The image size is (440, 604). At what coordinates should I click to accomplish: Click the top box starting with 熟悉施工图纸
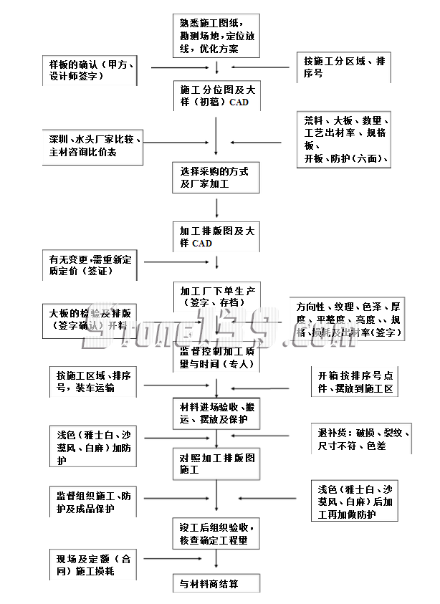215,35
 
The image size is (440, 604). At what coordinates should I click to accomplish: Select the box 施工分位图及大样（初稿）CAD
215,96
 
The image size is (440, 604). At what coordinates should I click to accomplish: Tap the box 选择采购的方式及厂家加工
215,178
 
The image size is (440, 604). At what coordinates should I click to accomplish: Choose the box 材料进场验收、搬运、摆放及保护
215,413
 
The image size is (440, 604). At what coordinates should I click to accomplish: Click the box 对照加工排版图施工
215,464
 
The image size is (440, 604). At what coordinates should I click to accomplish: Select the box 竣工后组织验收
215,532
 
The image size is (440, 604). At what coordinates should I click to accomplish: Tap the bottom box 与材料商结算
215,583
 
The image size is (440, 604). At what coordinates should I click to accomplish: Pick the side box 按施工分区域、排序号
344,67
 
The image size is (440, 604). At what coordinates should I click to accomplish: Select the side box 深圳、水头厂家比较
94,146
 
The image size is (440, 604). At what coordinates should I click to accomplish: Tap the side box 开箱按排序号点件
354,382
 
